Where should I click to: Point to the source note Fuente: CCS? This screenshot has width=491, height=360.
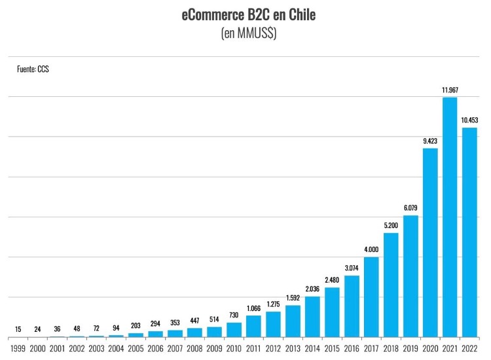point(33,69)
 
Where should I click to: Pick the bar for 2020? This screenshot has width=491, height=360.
point(429,243)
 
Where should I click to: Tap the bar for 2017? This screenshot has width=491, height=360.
point(371,297)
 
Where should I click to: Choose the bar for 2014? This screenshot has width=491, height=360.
point(312,317)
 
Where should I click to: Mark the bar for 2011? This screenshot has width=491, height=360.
point(253,326)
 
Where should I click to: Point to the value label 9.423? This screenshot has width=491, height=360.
point(429,141)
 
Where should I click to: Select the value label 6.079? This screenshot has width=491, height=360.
point(410,208)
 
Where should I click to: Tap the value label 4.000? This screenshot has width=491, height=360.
point(371,249)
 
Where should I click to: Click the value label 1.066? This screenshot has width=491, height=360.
point(253,308)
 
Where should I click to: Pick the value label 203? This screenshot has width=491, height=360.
point(136,325)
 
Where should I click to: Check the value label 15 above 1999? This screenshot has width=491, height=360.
point(18,329)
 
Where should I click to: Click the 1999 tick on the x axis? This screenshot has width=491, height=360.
point(18,349)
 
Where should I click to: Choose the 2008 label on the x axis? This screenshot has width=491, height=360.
point(195,349)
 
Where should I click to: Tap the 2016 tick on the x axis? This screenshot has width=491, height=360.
point(352,349)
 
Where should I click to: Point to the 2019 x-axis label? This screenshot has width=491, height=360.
point(410,349)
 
